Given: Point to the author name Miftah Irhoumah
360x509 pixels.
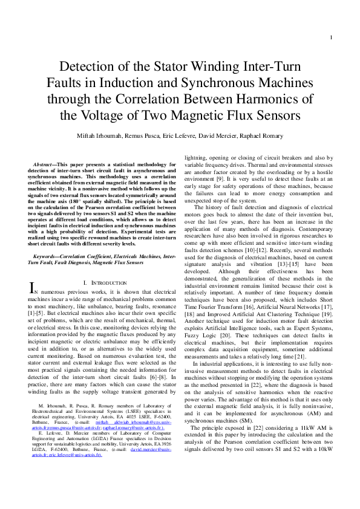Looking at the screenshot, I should pos(102,136).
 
